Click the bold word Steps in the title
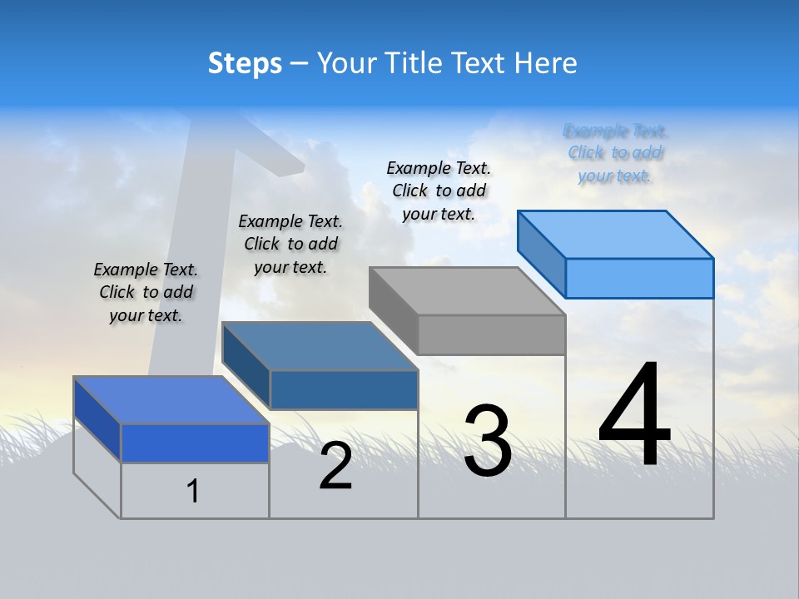tap(245, 63)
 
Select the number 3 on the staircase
tap(488, 441)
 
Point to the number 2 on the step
tap(335, 466)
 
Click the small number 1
tap(193, 491)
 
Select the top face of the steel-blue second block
tap(320, 346)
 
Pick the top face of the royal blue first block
tap(171, 400)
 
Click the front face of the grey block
tap(491, 335)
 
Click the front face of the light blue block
tap(639, 278)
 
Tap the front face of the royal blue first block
tap(195, 443)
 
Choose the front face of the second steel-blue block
tap(343, 389)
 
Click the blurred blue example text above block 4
tap(615, 153)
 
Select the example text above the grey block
tap(439, 191)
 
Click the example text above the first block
tap(146, 292)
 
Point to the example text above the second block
tap(290, 244)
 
